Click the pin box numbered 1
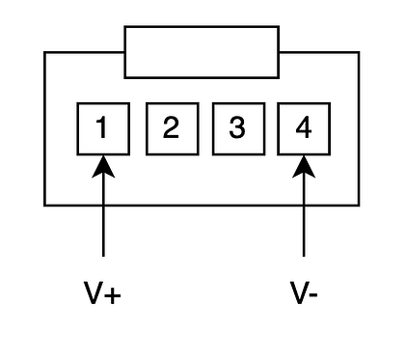[103, 129]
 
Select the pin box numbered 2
[173, 129]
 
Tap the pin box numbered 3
[239, 129]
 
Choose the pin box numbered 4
[304, 129]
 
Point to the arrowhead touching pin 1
[103, 167]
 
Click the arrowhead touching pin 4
[304, 167]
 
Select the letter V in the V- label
[299, 292]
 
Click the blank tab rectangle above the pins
[202, 52]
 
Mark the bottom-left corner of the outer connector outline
[44, 205]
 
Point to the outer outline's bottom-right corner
[359, 205]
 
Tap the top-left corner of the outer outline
[44, 52]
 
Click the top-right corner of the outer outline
[359, 52]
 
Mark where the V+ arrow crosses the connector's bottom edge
[103, 205]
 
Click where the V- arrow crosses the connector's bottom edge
[304, 205]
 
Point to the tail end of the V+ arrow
[103, 256]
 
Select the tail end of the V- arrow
[304, 256]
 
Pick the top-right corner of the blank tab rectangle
[279, 27]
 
